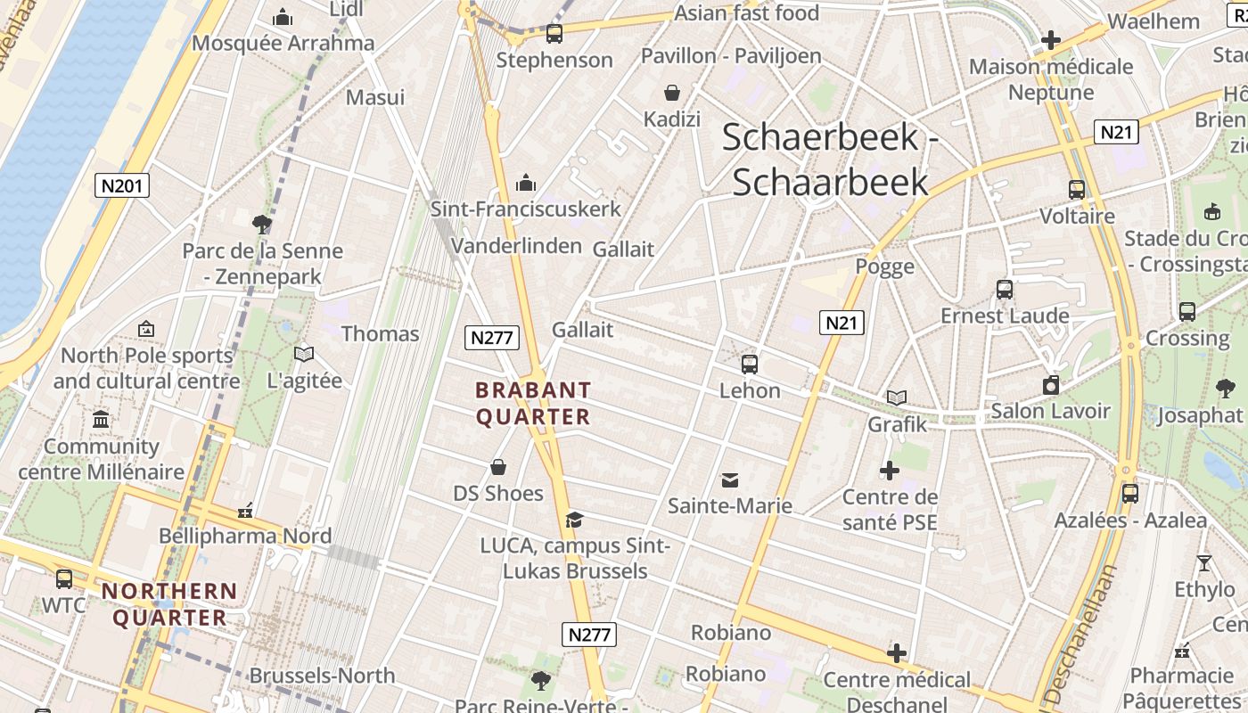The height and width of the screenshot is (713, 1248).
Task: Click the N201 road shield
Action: click(x=122, y=185)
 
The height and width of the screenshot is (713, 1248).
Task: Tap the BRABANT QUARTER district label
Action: click(x=533, y=404)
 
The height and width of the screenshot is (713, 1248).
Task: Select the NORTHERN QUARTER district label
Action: click(x=169, y=604)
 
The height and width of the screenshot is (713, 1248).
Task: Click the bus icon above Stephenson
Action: click(x=554, y=34)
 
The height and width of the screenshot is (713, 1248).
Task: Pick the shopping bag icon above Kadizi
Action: click(x=671, y=93)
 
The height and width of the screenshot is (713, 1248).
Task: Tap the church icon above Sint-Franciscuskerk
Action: click(x=526, y=183)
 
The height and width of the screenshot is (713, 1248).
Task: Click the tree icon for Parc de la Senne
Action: click(x=262, y=224)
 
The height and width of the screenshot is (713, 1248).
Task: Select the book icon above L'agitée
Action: click(x=304, y=354)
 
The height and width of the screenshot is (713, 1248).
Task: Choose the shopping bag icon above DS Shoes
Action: click(x=498, y=467)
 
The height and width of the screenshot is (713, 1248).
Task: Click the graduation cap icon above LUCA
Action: click(x=574, y=520)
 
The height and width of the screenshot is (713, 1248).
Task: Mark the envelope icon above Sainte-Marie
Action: click(x=730, y=480)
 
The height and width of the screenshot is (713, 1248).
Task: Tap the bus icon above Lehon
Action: click(x=750, y=364)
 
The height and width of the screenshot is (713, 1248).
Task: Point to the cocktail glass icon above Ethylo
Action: click(x=1204, y=562)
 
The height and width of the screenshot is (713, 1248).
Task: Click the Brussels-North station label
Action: click(x=322, y=676)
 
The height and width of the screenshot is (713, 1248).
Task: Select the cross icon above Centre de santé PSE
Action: click(x=890, y=471)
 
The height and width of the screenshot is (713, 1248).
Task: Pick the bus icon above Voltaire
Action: click(x=1077, y=190)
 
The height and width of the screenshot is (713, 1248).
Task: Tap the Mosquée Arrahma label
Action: click(x=283, y=43)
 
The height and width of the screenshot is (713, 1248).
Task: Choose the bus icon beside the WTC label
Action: click(x=64, y=578)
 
